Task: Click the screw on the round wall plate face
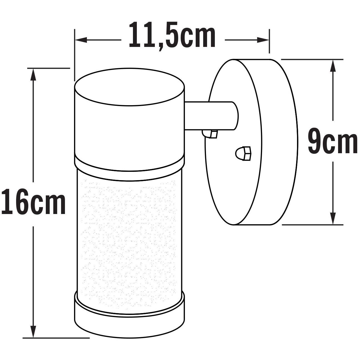(243, 153)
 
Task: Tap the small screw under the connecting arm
(210, 134)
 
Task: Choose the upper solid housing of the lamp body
(129, 130)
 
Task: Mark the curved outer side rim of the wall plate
(280, 142)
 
